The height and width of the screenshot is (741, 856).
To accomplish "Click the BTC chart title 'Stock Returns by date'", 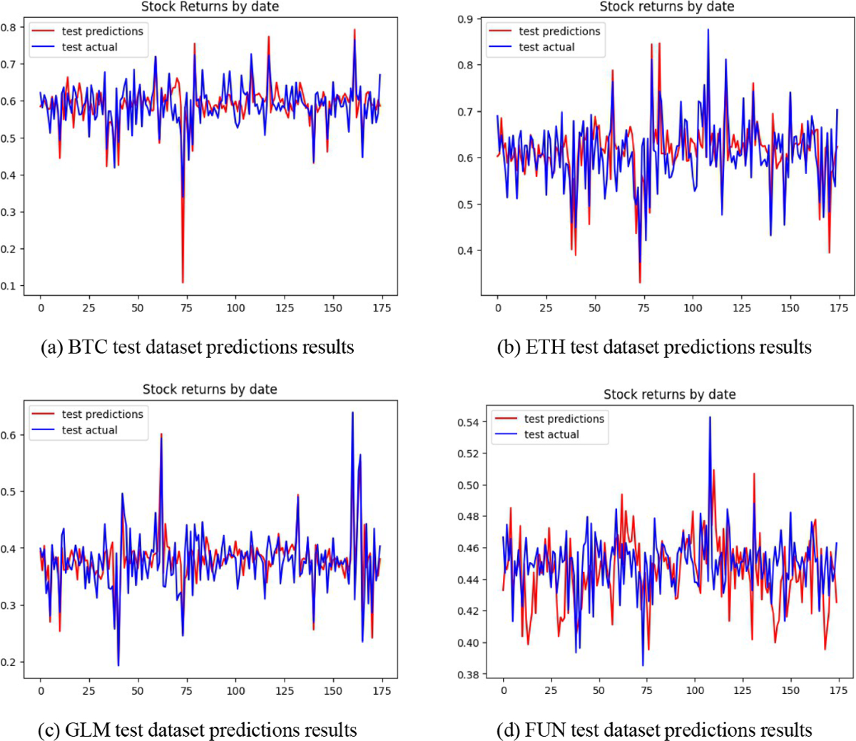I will pos(210,7).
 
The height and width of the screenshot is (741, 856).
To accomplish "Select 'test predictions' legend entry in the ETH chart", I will pos(559,31).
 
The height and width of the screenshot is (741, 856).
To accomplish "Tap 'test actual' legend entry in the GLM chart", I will pos(89,430).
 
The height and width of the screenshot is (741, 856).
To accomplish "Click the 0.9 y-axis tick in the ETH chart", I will pos(465,19).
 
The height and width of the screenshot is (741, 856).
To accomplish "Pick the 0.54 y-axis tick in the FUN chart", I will pos(469,422).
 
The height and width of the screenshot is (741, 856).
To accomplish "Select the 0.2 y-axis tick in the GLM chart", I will pos(9,663).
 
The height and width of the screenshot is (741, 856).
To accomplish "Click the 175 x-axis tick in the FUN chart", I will pos(838,690).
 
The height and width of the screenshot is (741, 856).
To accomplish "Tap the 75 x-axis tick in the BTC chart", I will pos(186,308).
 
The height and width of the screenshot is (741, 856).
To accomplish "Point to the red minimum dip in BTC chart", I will pos(183,282).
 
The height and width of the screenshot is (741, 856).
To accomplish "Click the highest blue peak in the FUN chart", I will pos(710,418).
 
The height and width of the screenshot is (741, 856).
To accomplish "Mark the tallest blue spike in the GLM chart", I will pos(352,413).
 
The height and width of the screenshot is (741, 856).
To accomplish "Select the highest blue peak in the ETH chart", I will pos(708,30).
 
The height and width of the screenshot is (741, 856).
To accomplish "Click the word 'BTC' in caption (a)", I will pos(85,347).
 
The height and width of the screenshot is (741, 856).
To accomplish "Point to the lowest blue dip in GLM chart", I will pos(118,665).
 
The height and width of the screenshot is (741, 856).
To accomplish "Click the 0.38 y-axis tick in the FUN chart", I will pos(469,675).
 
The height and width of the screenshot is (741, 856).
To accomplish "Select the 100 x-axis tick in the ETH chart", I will pos(693,308).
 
